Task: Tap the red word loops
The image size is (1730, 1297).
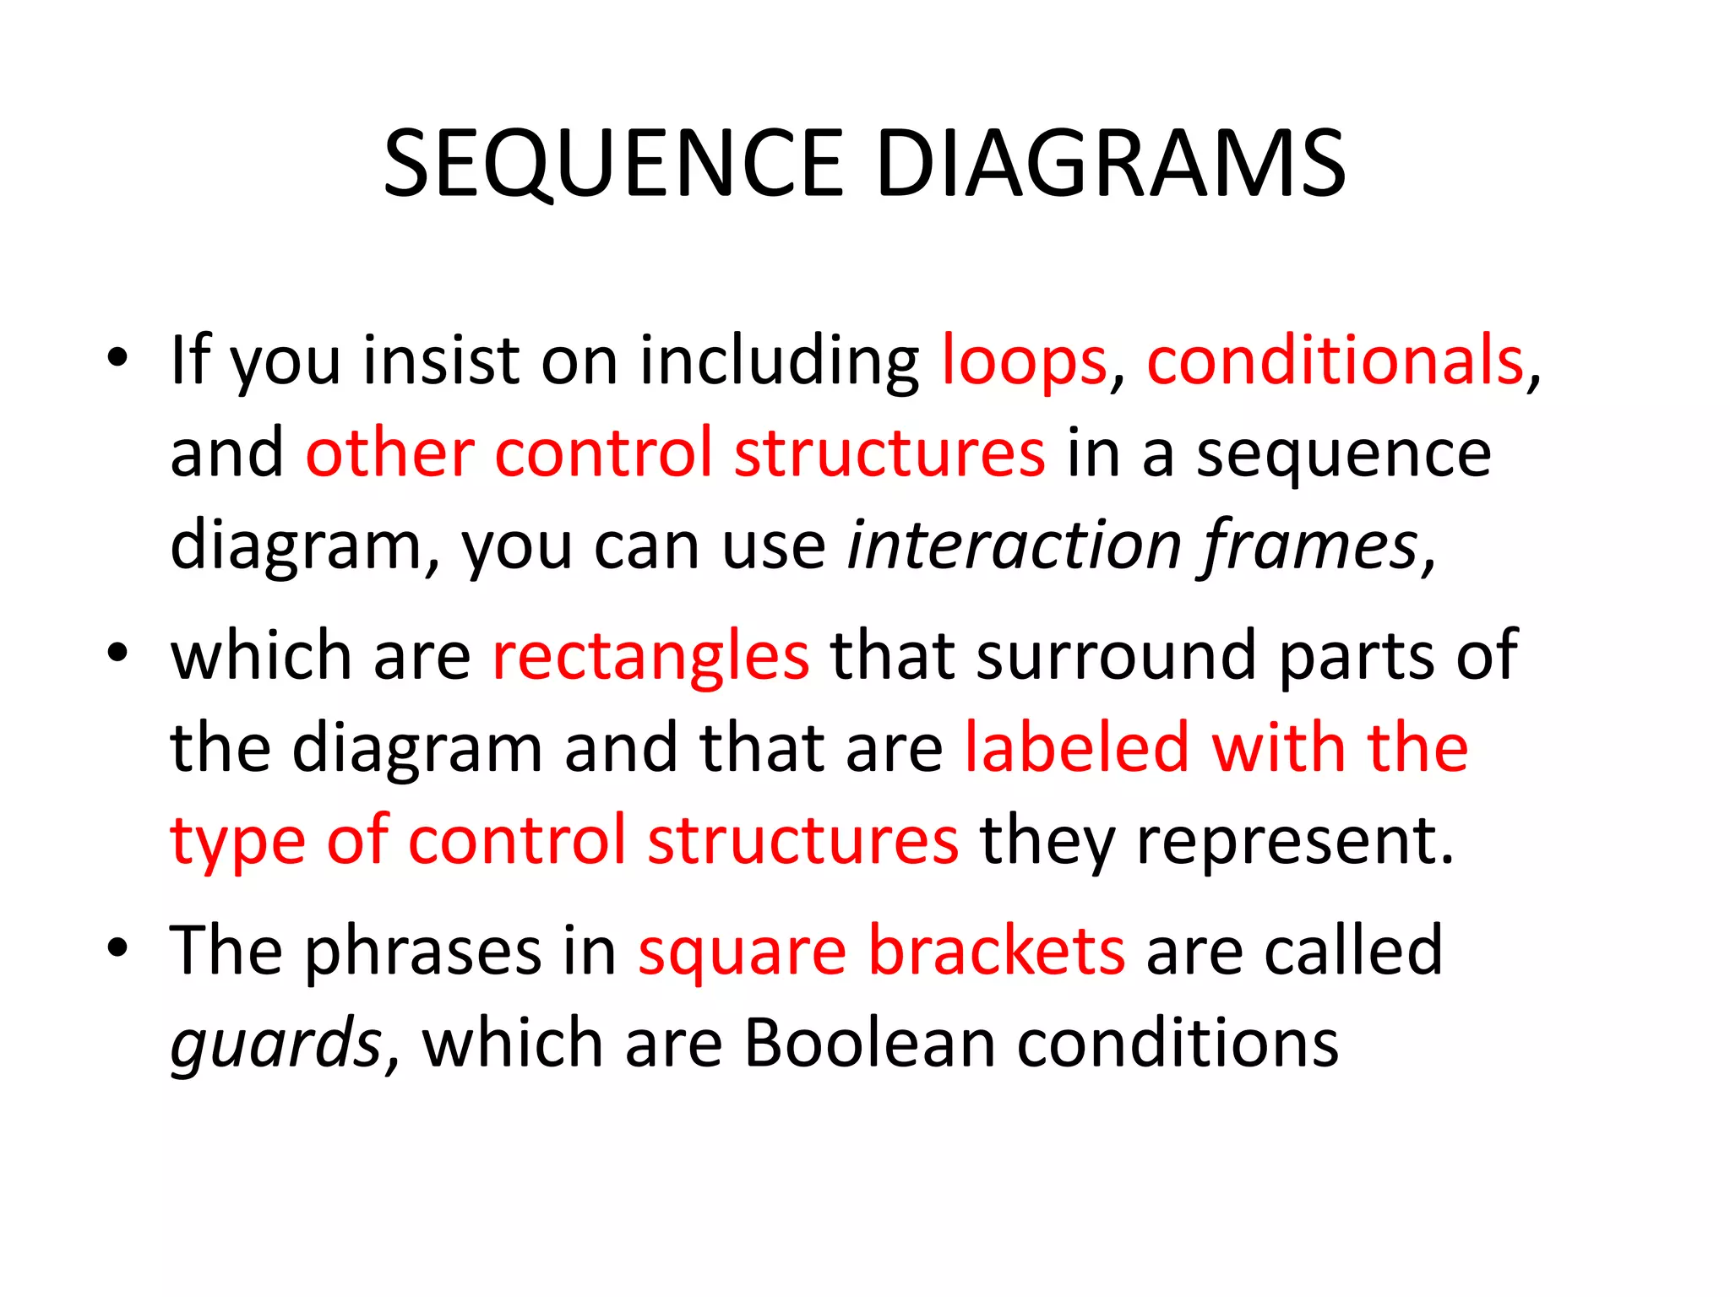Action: coord(1024,361)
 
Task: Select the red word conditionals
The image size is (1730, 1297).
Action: coord(1335,361)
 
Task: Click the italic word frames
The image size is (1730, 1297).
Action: coord(1308,545)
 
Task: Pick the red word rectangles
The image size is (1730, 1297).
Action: coord(650,656)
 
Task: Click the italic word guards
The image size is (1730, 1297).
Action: coord(277,1044)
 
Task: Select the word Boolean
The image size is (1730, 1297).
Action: coord(869,1044)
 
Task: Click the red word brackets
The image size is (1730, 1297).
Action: coord(997,951)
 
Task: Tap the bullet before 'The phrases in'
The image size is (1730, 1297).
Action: coord(117,947)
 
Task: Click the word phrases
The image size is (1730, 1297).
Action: coord(422,951)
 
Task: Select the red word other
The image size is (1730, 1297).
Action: coord(389,453)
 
